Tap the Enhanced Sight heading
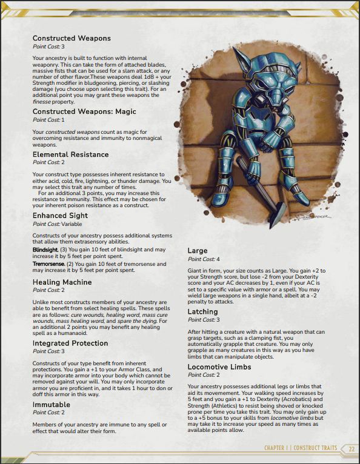point(61,216)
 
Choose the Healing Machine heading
point(62,282)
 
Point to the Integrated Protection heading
point(70,343)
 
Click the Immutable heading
point(52,404)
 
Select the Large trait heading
point(198,250)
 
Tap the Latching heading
point(202,311)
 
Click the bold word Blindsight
point(45,250)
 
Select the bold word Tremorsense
point(48,264)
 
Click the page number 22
point(352,448)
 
